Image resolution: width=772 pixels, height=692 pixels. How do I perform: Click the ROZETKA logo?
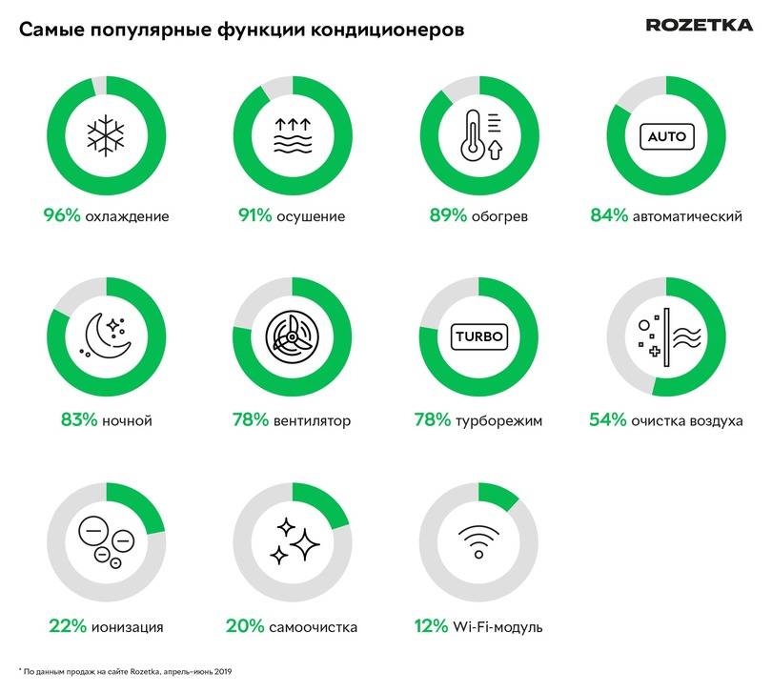click(699, 25)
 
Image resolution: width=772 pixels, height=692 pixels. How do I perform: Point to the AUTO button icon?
click(666, 136)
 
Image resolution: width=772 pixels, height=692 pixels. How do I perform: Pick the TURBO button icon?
click(478, 337)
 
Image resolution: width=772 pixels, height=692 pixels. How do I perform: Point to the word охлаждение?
click(127, 216)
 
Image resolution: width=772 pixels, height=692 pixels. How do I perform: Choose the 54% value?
click(608, 419)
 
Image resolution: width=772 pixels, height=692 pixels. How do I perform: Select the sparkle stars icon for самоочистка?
click(293, 541)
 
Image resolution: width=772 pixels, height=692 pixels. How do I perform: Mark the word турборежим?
click(502, 420)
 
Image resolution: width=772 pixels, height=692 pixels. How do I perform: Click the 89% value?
click(448, 215)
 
